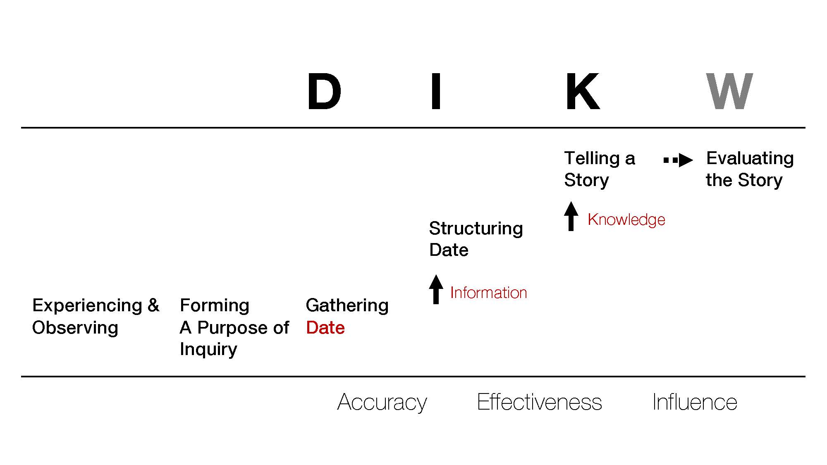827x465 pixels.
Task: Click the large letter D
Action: pyautogui.click(x=324, y=91)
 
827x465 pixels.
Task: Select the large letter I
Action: pyautogui.click(x=436, y=91)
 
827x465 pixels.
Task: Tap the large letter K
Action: pyautogui.click(x=582, y=91)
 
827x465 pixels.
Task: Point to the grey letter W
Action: pyautogui.click(x=729, y=91)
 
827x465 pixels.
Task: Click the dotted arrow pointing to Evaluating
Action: pyautogui.click(x=678, y=160)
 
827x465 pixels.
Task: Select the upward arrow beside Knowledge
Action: pyautogui.click(x=571, y=216)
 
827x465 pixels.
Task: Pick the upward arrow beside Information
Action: pyautogui.click(x=436, y=289)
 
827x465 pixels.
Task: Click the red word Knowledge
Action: pyautogui.click(x=626, y=220)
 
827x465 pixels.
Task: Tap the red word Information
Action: pyautogui.click(x=488, y=293)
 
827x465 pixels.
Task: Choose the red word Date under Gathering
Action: pyautogui.click(x=325, y=327)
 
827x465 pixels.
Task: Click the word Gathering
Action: pyautogui.click(x=347, y=306)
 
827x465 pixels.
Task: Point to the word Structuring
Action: pyautogui.click(x=476, y=229)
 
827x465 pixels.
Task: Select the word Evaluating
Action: pyautogui.click(x=750, y=159)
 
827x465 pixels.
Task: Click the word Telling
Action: pyautogui.click(x=592, y=159)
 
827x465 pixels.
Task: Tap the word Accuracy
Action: pyautogui.click(x=382, y=402)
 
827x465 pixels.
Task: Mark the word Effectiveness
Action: pyautogui.click(x=539, y=402)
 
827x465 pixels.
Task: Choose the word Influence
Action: pyautogui.click(x=695, y=402)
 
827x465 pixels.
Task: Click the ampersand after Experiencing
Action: pyautogui.click(x=153, y=305)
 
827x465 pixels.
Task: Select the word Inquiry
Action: pyautogui.click(x=208, y=350)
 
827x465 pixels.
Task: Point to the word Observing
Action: pyautogui.click(x=75, y=328)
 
